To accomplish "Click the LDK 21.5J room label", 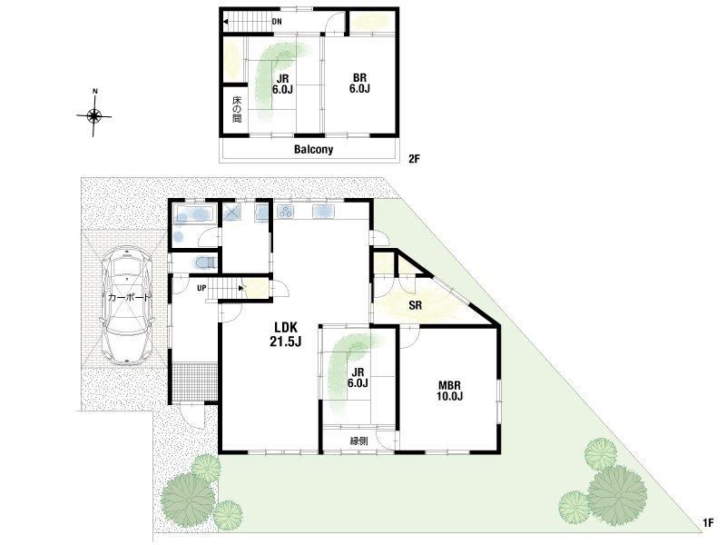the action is (286, 333).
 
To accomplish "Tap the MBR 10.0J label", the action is (449, 391).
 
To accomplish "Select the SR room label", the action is (416, 305).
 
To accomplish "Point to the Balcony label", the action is (313, 149).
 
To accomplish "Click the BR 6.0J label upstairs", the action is (359, 84).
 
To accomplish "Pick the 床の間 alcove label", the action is (237, 109).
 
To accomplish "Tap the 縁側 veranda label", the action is (358, 441).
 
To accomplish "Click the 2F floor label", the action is (414, 159).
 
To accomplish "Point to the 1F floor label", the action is (708, 523).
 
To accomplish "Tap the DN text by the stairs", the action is (277, 21).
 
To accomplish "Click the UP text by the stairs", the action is (201, 288).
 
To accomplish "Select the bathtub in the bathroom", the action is (194, 214).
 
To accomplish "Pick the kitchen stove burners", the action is (286, 212).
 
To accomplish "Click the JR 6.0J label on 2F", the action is (281, 84).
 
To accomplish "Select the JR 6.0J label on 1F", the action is (358, 378).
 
